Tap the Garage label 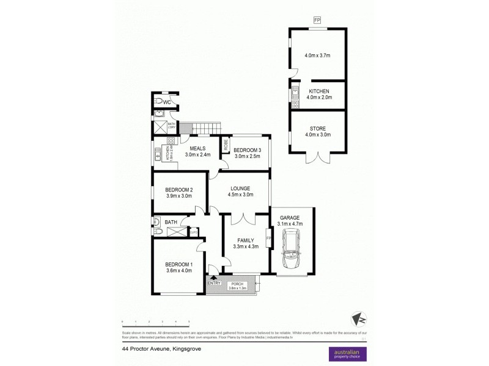click(x=290, y=218)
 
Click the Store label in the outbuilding click(x=317, y=128)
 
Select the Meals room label click(x=197, y=148)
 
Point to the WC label click(x=166, y=102)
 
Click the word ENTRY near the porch click(x=214, y=282)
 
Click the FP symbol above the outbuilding click(x=317, y=21)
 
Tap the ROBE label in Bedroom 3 click(x=225, y=146)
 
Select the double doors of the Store click(x=318, y=160)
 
